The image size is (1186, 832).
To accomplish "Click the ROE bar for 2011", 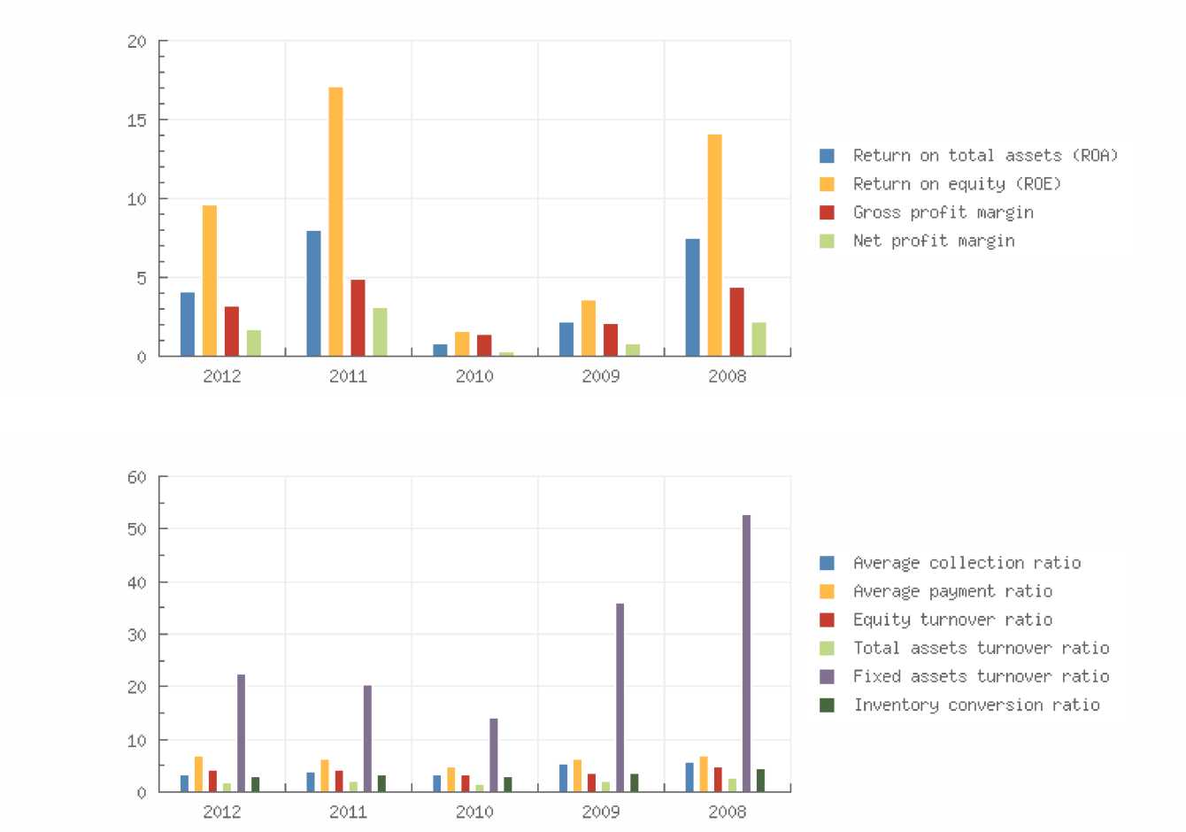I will coord(335,221).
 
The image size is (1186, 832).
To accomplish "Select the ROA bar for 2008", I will coord(692,297).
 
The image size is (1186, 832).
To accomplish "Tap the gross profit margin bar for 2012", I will coord(231,331).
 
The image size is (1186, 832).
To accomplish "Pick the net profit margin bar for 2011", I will coord(380,332).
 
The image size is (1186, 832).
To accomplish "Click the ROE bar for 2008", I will coord(714,245).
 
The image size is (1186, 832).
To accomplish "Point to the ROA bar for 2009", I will coord(566,339).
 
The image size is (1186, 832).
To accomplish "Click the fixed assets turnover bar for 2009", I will coord(620,697).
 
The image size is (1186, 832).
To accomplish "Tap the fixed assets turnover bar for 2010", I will coord(493,755).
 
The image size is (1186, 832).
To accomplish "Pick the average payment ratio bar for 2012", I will coord(198,774).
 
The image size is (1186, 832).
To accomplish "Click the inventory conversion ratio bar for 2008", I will coord(760,781).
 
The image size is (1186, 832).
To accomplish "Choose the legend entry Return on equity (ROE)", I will coord(956,184).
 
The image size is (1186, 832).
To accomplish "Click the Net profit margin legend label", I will coord(933,241).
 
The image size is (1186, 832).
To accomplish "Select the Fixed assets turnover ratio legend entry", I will coord(981,676).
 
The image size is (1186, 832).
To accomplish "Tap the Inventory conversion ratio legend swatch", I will coord(827,705).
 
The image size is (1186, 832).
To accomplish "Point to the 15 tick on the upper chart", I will coord(136,120).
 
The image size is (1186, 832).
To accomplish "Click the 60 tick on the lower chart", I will coord(136,477).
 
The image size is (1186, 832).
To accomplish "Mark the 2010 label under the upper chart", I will coord(474,376).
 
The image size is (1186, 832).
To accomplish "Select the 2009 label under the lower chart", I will coord(601,812).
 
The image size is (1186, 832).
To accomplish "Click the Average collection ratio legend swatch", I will coord(827,563).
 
